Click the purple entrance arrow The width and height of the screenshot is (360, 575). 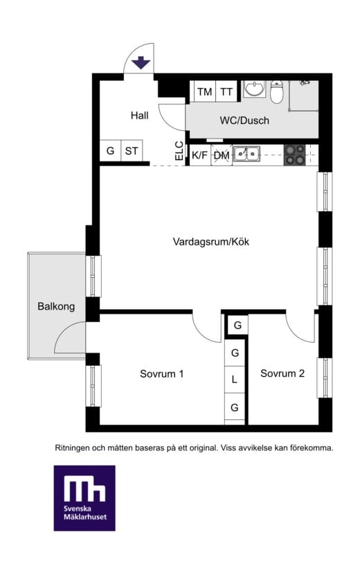click(x=141, y=63)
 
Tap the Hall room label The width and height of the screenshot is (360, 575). click(x=139, y=116)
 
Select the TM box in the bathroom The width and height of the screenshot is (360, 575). click(x=204, y=92)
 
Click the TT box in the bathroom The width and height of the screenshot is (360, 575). click(x=226, y=92)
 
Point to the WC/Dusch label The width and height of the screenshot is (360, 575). click(x=244, y=121)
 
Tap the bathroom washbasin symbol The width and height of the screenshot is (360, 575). click(x=255, y=89)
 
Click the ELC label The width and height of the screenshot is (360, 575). click(x=179, y=152)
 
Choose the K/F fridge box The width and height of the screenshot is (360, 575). click(x=199, y=155)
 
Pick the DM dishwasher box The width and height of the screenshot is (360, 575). click(x=222, y=155)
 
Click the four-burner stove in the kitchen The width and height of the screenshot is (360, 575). click(x=295, y=154)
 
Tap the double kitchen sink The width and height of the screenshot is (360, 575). click(x=246, y=154)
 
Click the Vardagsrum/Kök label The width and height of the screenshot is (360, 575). click(x=210, y=242)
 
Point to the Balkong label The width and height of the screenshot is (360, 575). click(x=56, y=306)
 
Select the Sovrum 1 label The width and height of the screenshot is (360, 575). click(x=161, y=374)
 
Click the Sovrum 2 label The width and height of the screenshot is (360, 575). click(x=282, y=373)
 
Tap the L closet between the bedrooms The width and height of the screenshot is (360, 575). click(x=235, y=380)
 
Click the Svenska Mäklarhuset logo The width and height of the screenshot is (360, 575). click(x=84, y=498)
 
